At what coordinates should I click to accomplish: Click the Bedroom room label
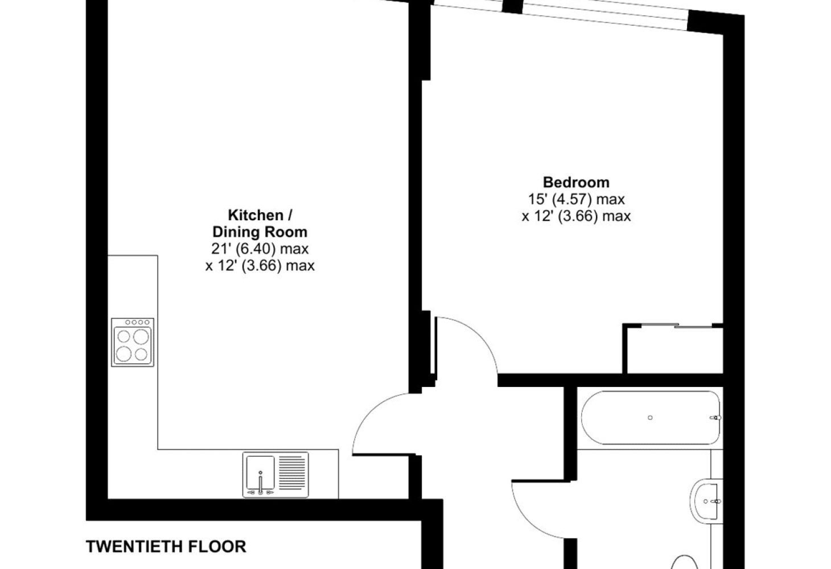tap(576, 183)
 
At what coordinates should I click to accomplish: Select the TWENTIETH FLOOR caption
tap(166, 547)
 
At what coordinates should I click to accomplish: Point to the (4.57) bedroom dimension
tap(571, 199)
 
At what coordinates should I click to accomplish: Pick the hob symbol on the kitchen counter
tap(133, 343)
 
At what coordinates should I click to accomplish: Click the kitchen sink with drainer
tap(275, 475)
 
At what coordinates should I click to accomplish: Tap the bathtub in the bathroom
tap(651, 418)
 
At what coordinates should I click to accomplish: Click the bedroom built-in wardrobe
tap(673, 349)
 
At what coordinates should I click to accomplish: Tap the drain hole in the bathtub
tap(650, 418)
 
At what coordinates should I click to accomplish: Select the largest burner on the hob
tap(141, 337)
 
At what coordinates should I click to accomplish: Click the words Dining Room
tap(260, 232)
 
